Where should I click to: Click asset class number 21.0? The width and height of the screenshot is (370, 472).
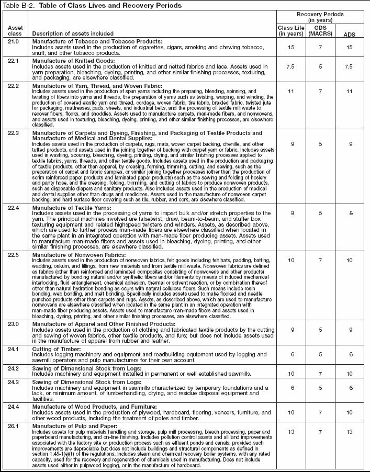pos(14,41)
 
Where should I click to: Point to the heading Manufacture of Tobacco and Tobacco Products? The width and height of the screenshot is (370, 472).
pos(97,41)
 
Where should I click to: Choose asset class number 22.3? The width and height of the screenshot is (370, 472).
pos(14,133)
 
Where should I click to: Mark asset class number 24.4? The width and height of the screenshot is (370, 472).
pos(14,406)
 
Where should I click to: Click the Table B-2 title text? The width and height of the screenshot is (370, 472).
pos(92,5)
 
